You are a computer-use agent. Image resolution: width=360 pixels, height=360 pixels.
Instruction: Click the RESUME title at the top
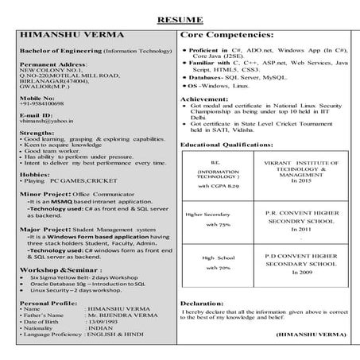[x=179, y=18]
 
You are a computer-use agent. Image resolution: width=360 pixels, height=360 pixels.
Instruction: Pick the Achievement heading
[x=204, y=99]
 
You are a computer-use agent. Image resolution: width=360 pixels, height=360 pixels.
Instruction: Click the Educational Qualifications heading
[x=230, y=145]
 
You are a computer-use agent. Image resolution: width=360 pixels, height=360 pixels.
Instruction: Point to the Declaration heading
[x=202, y=303]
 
